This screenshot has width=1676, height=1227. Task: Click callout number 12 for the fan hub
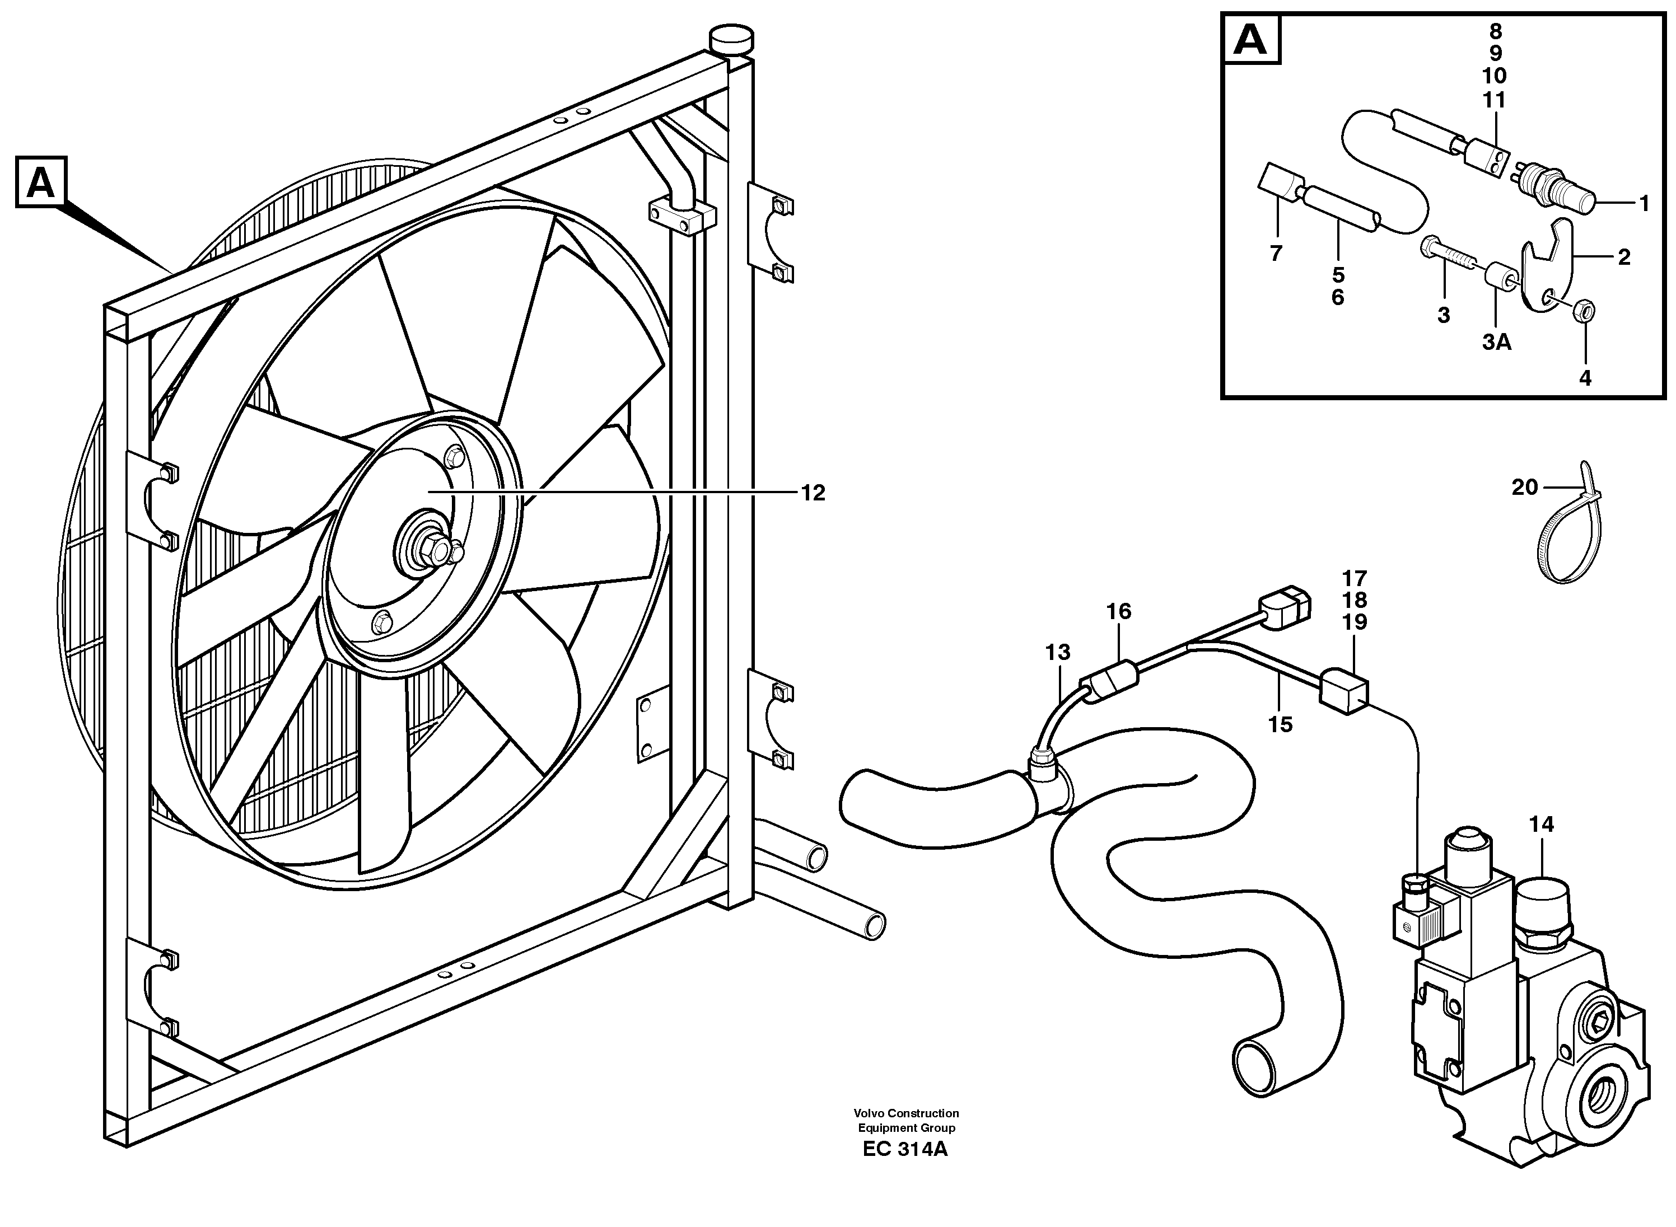(813, 493)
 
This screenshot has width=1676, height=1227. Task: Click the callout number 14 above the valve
(1542, 824)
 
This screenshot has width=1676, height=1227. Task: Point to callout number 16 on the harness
(1118, 611)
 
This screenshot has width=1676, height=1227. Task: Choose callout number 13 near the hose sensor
(1057, 652)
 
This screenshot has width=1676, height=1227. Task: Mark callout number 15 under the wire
(1280, 724)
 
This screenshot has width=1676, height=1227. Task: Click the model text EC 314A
(905, 1170)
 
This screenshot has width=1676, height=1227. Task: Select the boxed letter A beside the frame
(41, 182)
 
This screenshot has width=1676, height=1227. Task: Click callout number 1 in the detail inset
(1644, 203)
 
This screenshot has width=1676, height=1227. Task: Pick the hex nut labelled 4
(1582, 312)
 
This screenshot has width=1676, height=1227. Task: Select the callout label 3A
(1497, 343)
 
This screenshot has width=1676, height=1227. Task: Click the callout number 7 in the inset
(1276, 253)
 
